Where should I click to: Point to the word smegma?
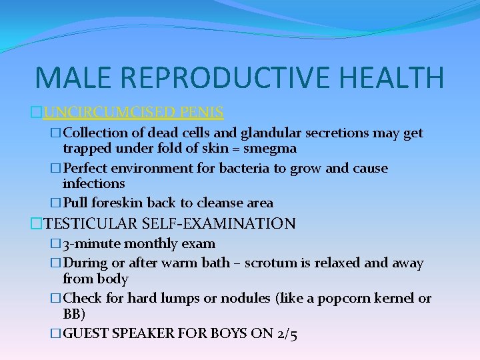[271, 148]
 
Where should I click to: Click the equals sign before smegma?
[239, 148]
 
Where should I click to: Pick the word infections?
[94, 183]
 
